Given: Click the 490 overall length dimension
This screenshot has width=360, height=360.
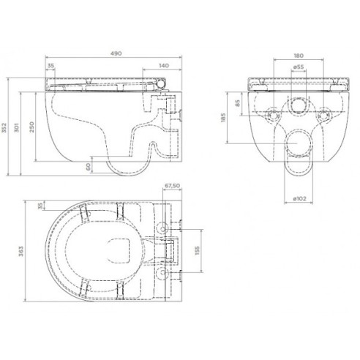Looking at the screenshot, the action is click(116, 53).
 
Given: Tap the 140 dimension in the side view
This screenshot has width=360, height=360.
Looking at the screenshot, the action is click(164, 65).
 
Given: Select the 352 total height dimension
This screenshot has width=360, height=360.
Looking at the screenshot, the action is click(4, 128).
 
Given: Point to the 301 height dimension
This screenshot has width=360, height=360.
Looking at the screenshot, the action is click(17, 127).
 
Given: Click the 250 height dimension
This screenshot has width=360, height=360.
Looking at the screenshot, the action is click(32, 127).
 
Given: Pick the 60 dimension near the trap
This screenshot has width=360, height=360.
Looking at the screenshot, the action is click(88, 167).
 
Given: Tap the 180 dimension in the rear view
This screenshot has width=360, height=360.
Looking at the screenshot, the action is click(299, 56).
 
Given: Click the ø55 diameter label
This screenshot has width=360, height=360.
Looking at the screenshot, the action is click(299, 67).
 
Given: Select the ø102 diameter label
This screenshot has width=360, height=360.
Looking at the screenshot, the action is click(299, 198).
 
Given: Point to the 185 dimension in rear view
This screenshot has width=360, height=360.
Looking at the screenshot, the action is click(224, 117).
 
